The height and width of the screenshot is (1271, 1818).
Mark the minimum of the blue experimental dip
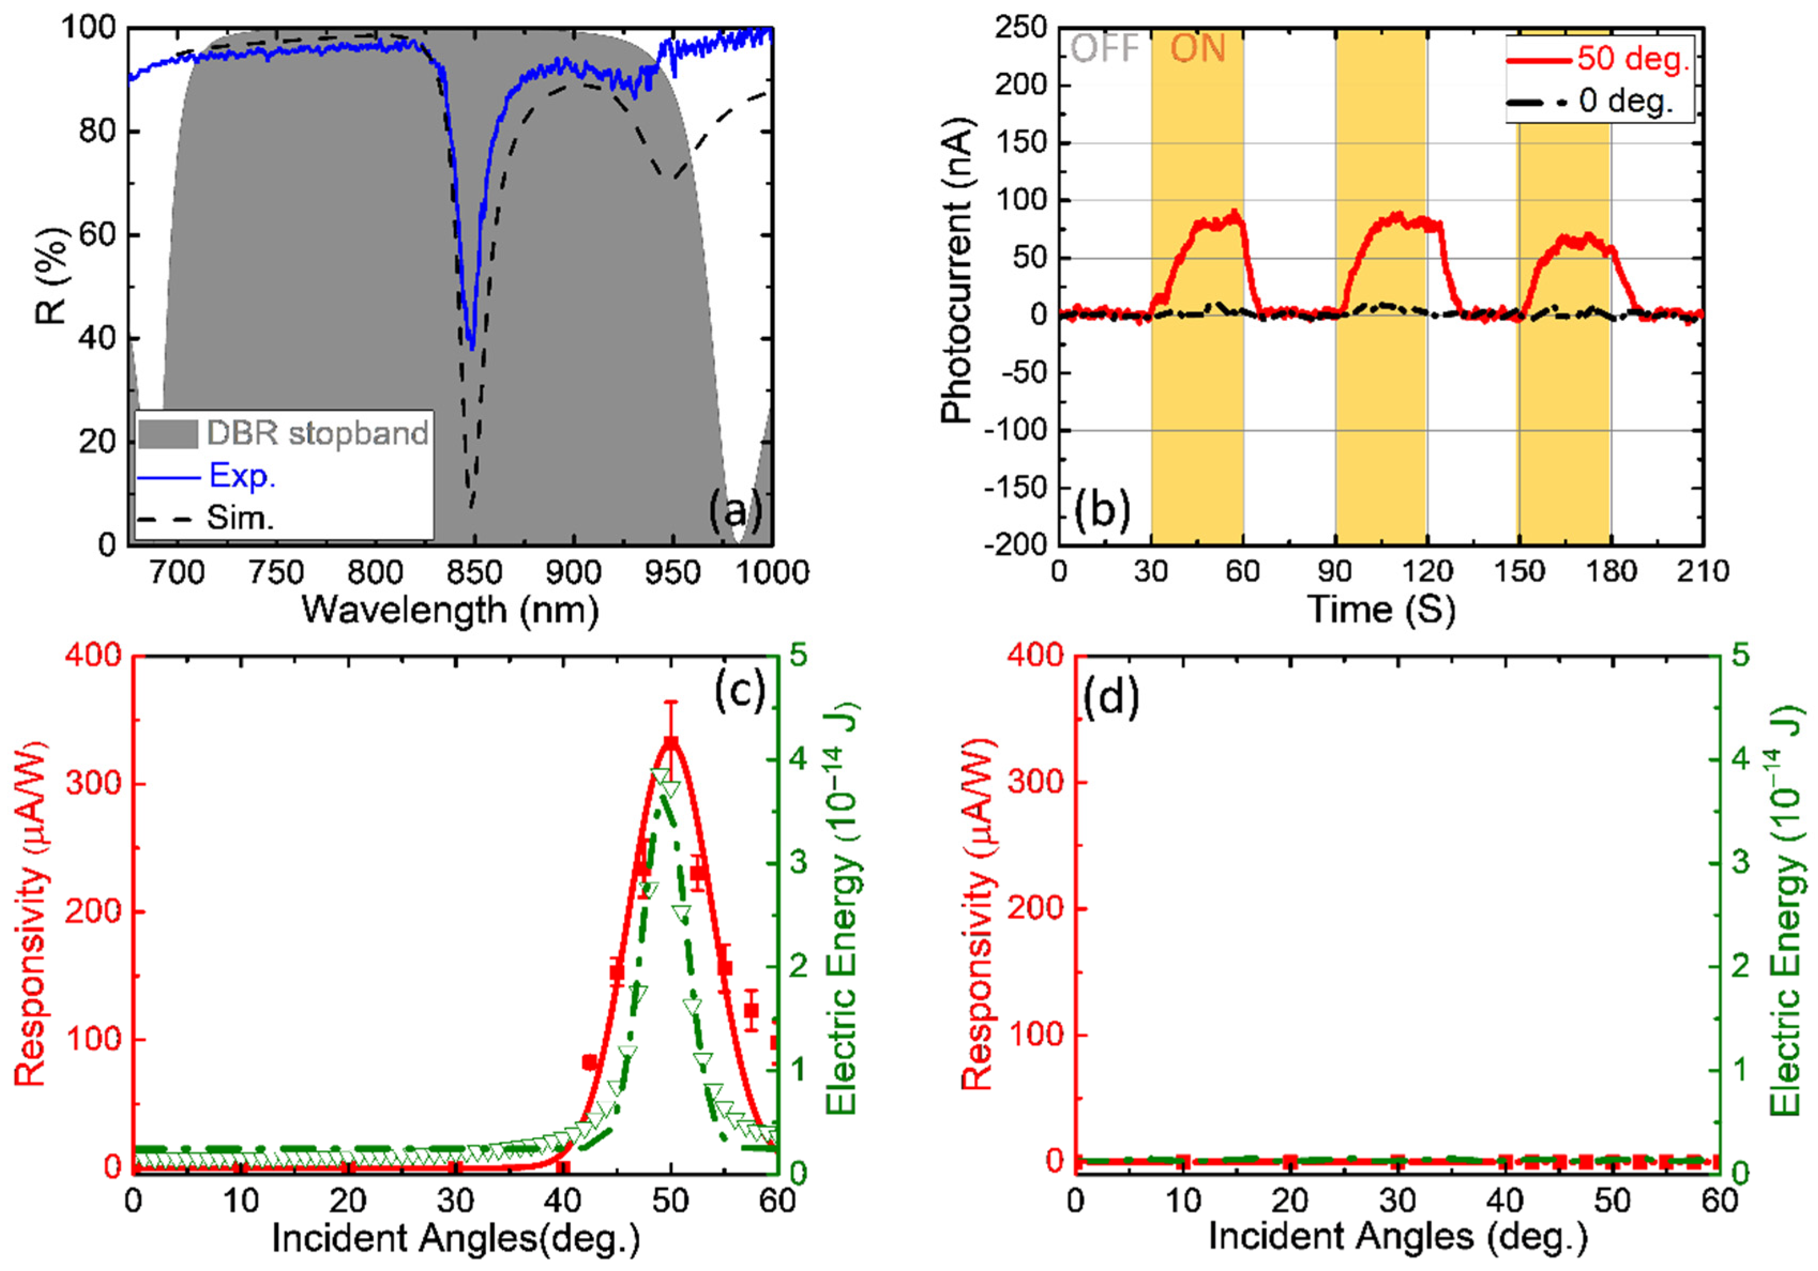click(472, 347)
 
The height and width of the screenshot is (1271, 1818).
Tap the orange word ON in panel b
click(1197, 49)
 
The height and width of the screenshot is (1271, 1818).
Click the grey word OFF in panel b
click(1104, 49)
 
